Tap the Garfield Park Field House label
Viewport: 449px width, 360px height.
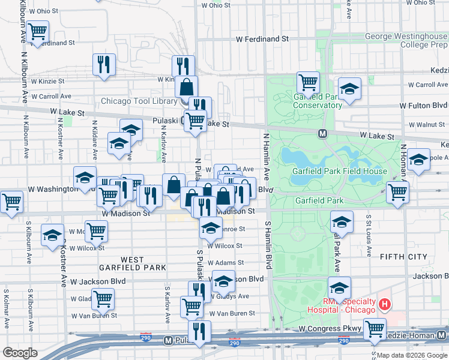pyautogui.click(x=339, y=171)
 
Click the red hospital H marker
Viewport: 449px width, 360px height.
pyautogui.click(x=385, y=305)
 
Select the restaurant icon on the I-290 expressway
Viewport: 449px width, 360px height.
pyautogui.click(x=199, y=331)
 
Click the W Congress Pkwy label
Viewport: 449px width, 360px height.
pyautogui.click(x=330, y=329)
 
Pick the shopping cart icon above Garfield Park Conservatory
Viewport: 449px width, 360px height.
pyautogui.click(x=308, y=82)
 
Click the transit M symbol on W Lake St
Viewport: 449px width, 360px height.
pyautogui.click(x=322, y=133)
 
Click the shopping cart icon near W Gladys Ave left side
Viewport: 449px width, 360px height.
pyautogui.click(x=103, y=298)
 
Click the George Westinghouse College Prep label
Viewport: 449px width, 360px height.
pyautogui.click(x=406, y=40)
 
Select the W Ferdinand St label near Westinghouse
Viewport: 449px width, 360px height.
pyautogui.click(x=262, y=38)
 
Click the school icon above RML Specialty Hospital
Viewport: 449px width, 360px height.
pyautogui.click(x=339, y=287)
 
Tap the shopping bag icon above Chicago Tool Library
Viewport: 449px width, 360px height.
pyautogui.click(x=187, y=86)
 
